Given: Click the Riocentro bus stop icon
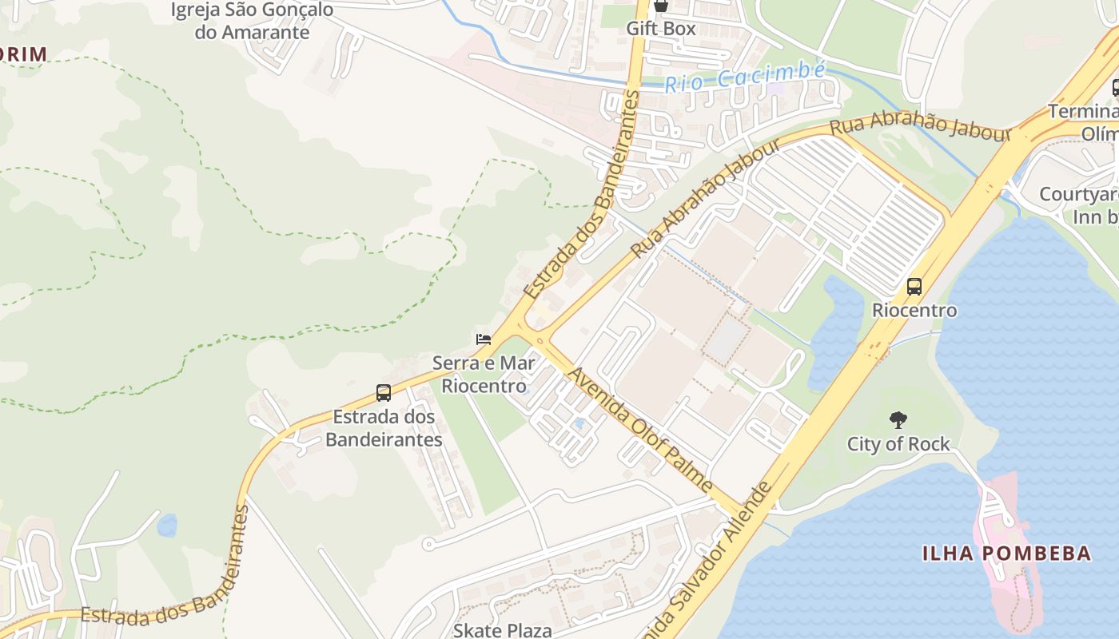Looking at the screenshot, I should [x=914, y=287].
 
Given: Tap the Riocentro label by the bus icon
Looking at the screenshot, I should [x=914, y=310].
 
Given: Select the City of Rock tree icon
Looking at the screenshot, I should [x=898, y=420].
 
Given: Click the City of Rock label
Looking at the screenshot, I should [x=898, y=444].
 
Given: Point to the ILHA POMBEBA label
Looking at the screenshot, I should [x=1006, y=553].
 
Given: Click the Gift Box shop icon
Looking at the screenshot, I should [x=660, y=6].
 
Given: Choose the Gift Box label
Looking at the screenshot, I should [x=660, y=29].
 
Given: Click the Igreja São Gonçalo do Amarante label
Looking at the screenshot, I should [x=252, y=22].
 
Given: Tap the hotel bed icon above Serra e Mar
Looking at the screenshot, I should [x=483, y=339].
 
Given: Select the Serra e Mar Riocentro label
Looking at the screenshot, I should [x=484, y=375].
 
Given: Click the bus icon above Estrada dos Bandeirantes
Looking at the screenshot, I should [x=384, y=393].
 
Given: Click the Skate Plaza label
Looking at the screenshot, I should [x=502, y=630].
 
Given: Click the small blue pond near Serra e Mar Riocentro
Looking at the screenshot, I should [x=579, y=423].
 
